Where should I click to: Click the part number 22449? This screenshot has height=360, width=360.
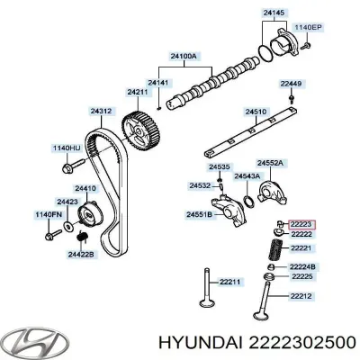click(290, 83)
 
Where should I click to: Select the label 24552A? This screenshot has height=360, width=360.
click(272, 162)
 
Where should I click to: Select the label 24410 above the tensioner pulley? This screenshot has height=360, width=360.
click(85, 188)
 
